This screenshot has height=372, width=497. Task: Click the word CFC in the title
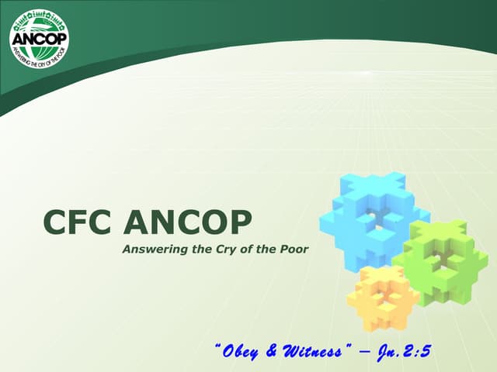click(78, 223)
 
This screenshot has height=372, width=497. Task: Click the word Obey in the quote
click(242, 352)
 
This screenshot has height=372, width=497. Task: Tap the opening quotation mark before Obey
click(217, 347)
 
